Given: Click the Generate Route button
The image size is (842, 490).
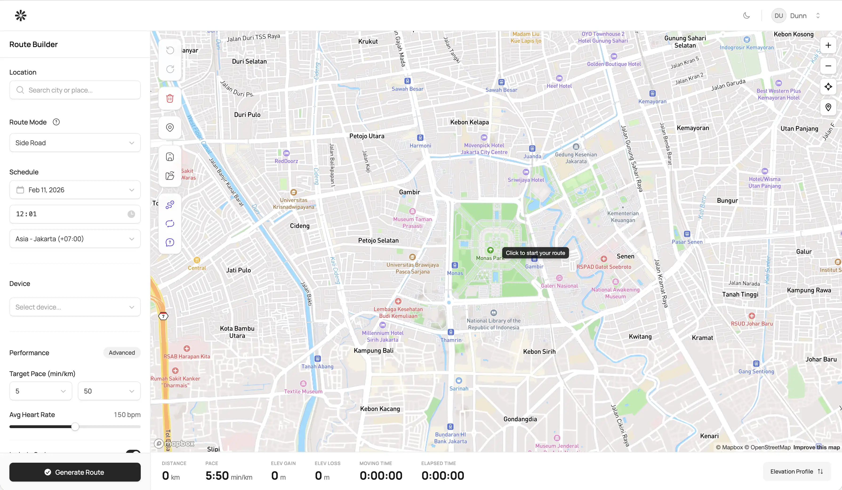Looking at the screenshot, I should pos(75,472).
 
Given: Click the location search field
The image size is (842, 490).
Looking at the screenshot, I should pos(75,90).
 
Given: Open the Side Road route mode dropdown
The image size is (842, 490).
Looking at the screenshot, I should pos(75,143).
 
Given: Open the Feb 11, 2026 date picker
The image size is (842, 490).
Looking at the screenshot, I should pos(75,190).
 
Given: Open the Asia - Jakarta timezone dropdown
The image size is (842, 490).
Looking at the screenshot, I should pos(75,239).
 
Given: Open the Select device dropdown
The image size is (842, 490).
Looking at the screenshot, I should pos(75,307).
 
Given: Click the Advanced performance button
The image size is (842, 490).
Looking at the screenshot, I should pos(122,353).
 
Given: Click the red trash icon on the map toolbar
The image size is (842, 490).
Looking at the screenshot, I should pos(170,98).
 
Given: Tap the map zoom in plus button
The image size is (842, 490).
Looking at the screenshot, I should pos(828,45).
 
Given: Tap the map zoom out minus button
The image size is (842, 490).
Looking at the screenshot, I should pos(828,66).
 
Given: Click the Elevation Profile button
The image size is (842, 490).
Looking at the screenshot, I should pos(796,471).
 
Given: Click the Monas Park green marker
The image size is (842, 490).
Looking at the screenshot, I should pos(490,250).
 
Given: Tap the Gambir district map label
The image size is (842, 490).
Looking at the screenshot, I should pos(409,192).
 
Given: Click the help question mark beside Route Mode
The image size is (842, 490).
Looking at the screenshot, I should pos(56,122).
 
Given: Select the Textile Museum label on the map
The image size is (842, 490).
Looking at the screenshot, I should pos(303,391).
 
